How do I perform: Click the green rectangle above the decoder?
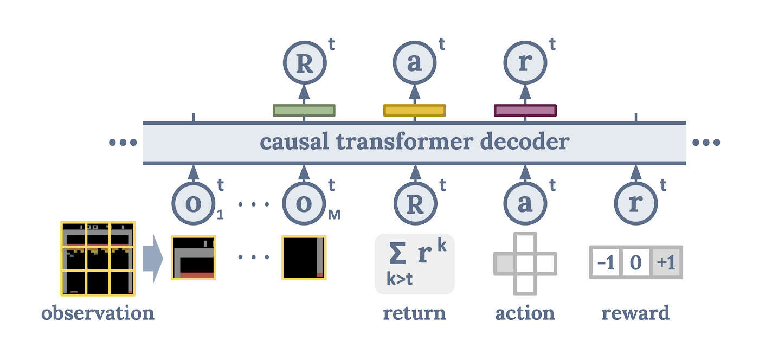pos(304,111)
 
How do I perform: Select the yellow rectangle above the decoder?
pos(415,111)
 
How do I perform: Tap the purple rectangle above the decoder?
pos(525,111)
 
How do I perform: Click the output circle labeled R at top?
pos(304,64)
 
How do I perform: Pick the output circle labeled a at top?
pos(415,64)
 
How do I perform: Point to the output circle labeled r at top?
pos(525,64)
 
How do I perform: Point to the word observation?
pos(98,313)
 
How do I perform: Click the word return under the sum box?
pos(414,313)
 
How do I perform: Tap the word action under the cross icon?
pos(525,313)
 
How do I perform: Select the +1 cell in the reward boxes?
pos(666,263)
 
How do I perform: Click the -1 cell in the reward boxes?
pos(606,263)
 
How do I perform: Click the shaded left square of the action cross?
pos(504,263)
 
